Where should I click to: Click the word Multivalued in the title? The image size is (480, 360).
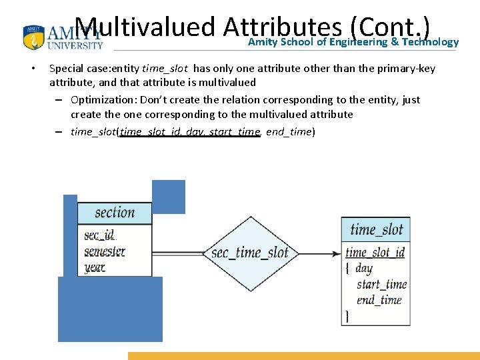tap(145, 27)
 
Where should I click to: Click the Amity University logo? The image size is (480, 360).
tap(63, 38)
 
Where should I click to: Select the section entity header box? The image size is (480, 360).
tap(115, 213)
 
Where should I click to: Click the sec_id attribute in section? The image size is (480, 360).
tap(99, 235)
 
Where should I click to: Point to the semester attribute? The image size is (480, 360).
tap(105, 251)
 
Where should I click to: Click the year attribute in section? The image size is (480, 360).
tap(95, 267)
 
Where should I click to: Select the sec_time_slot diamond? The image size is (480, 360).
tap(249, 253)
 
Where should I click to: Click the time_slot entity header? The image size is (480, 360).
tap(376, 229)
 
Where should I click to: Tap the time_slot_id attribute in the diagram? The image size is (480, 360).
tap(375, 252)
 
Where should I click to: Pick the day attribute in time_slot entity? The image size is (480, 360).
tap(364, 269)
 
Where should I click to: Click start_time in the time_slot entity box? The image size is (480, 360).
tap(381, 285)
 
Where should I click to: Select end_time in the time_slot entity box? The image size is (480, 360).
tap(379, 300)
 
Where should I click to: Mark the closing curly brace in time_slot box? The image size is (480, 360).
tap(347, 316)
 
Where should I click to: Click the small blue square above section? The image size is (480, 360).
tap(169, 197)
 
